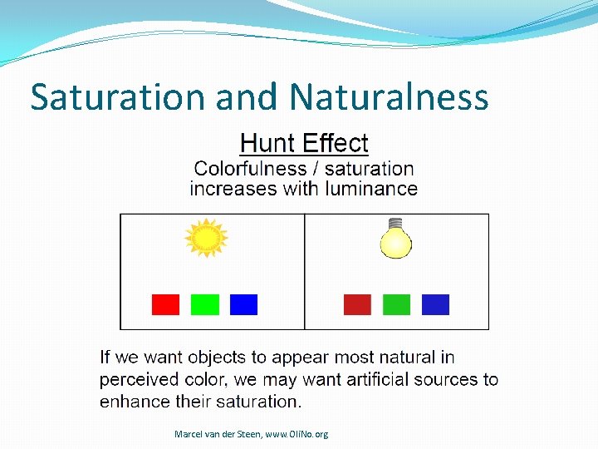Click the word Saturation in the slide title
pos(119,97)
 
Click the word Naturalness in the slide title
pos(389,97)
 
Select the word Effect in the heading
pos(336,143)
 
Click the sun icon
pos(205,239)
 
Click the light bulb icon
pos(396,241)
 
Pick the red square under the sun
pos(165,304)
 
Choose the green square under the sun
pos(204,304)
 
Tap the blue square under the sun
pos(243,304)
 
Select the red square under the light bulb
pos(357,304)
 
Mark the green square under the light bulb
pos(396,304)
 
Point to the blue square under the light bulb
pos(435,304)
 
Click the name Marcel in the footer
pos(189,434)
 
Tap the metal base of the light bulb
pos(396,224)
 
